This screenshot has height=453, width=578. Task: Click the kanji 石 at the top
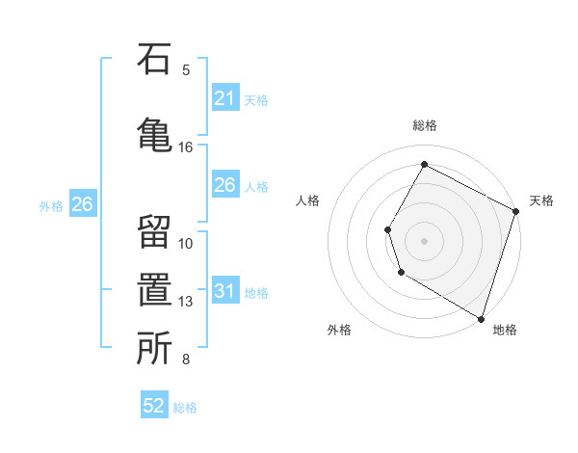pyautogui.click(x=154, y=62)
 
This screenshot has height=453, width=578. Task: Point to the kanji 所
pyautogui.click(x=154, y=349)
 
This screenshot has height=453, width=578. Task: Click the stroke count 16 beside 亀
pyautogui.click(x=186, y=147)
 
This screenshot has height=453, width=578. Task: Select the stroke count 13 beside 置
pyautogui.click(x=186, y=302)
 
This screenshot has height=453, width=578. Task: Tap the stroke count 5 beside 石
pyautogui.click(x=186, y=69)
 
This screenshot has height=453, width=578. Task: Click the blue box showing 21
pyautogui.click(x=224, y=98)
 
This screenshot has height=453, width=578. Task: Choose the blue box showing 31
pyautogui.click(x=224, y=291)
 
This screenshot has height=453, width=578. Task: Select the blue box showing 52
pyautogui.click(x=154, y=406)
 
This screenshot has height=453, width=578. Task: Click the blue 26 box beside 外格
pyautogui.click(x=82, y=204)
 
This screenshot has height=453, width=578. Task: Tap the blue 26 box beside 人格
pyautogui.click(x=224, y=185)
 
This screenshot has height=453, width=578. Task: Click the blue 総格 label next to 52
pyautogui.click(x=185, y=408)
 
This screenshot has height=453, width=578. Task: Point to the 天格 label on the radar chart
pyautogui.click(x=541, y=200)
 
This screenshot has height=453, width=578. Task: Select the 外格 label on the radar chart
pyautogui.click(x=339, y=330)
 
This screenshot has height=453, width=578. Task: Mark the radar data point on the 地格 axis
pyautogui.click(x=480, y=317)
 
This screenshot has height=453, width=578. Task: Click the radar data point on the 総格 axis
pyautogui.click(x=424, y=165)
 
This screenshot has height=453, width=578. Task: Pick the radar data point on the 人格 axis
pyautogui.click(x=387, y=229)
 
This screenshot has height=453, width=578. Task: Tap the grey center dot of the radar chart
pyautogui.click(x=424, y=240)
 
